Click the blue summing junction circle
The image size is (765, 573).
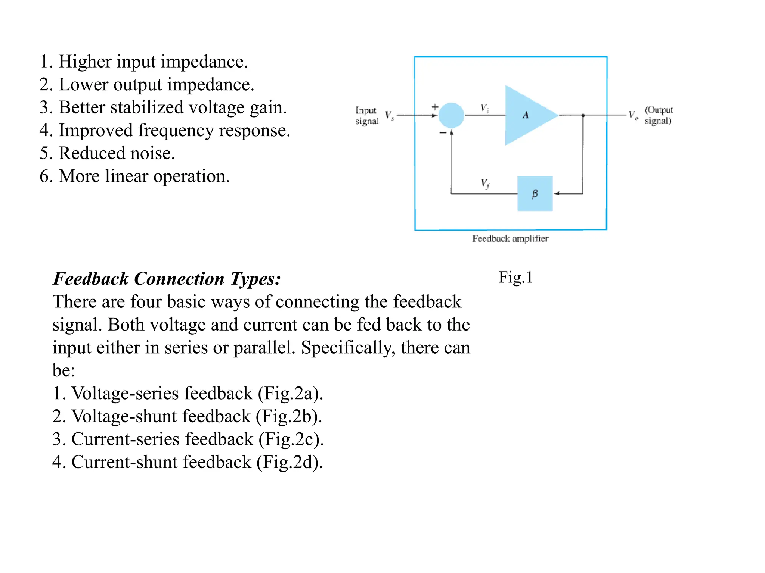pos(451,116)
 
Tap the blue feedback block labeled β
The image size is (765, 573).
pos(535,194)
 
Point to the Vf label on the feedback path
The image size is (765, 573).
pos(485,184)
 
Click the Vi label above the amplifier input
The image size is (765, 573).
pos(484,108)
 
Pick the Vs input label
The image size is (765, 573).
pos(389,116)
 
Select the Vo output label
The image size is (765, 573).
pos(633,115)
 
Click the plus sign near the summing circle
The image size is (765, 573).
pos(435,107)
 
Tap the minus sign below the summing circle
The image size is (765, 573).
pos(443,133)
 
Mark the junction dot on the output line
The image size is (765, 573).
pos(583,115)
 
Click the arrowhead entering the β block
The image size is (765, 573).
pos(557,194)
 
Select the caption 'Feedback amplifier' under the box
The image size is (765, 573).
pos(510,239)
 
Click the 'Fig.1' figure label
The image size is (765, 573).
pos(515,278)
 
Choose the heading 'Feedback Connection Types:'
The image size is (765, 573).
pos(167,279)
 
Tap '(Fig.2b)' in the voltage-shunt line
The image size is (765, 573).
pos(289,416)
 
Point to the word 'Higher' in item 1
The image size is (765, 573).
pos(85,62)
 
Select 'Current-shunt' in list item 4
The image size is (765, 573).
pos(125,462)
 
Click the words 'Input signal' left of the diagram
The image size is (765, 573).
pos(366,116)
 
